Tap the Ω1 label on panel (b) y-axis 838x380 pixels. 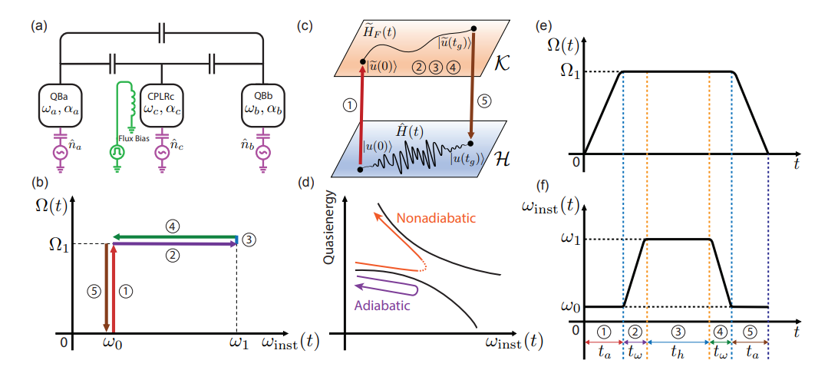(55, 246)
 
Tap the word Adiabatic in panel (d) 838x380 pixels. (381, 303)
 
